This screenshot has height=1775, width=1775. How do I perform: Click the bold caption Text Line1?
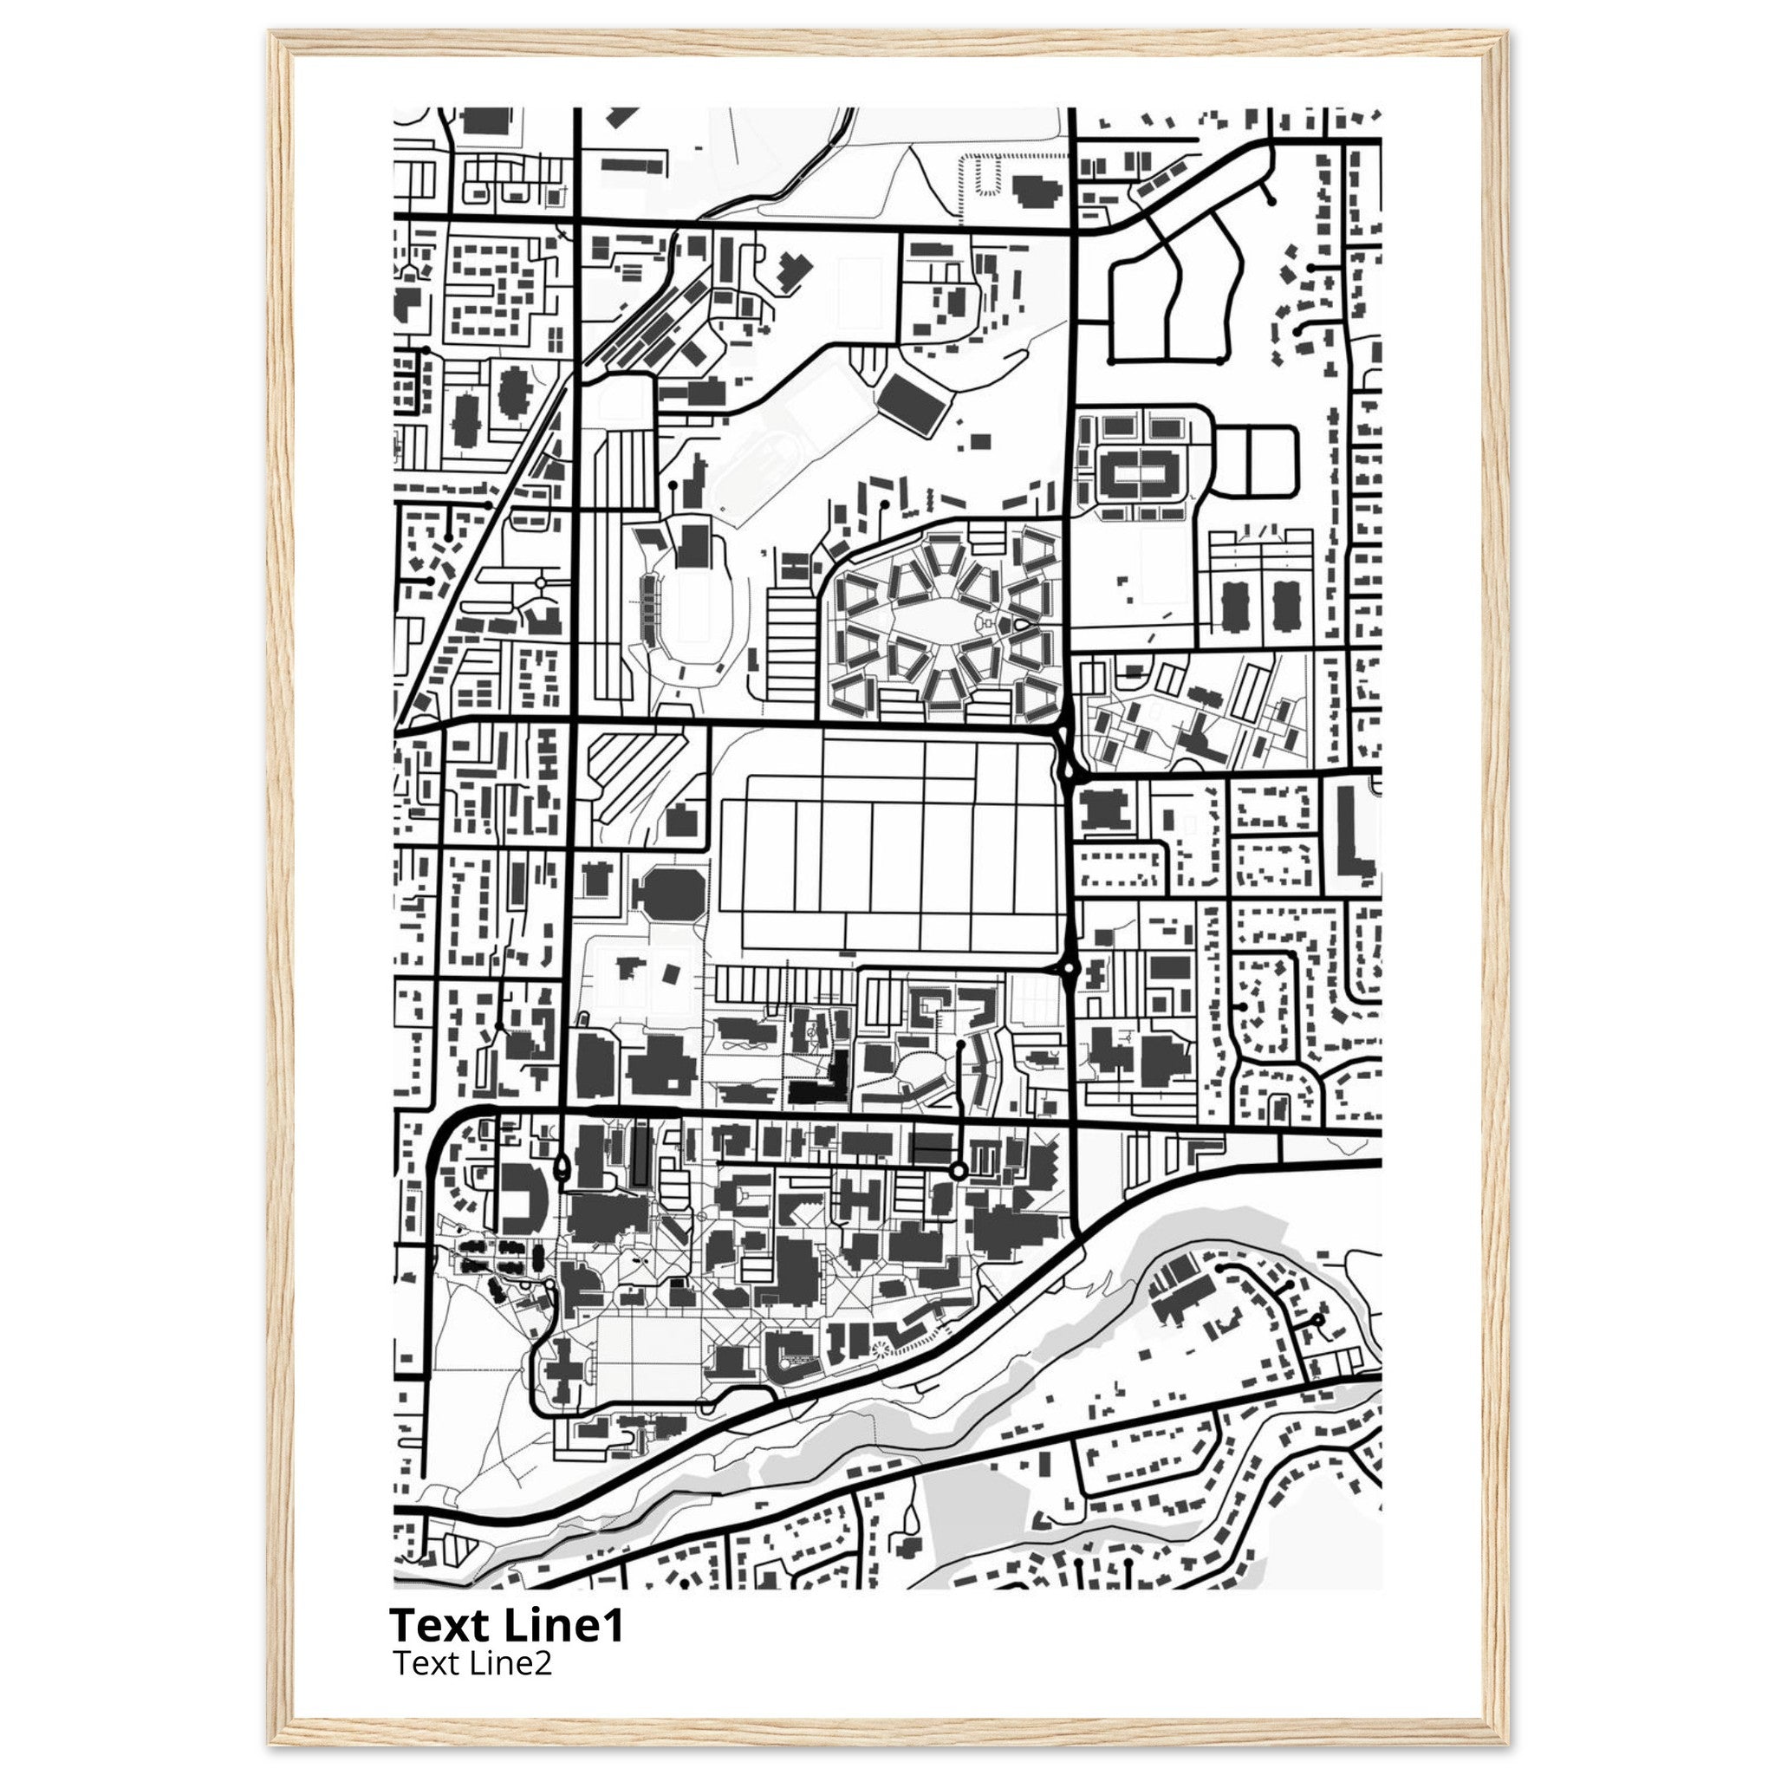coord(506,1625)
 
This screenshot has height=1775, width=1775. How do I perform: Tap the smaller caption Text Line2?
coord(472,1663)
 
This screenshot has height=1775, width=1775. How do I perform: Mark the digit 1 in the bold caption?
coord(614,1625)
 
